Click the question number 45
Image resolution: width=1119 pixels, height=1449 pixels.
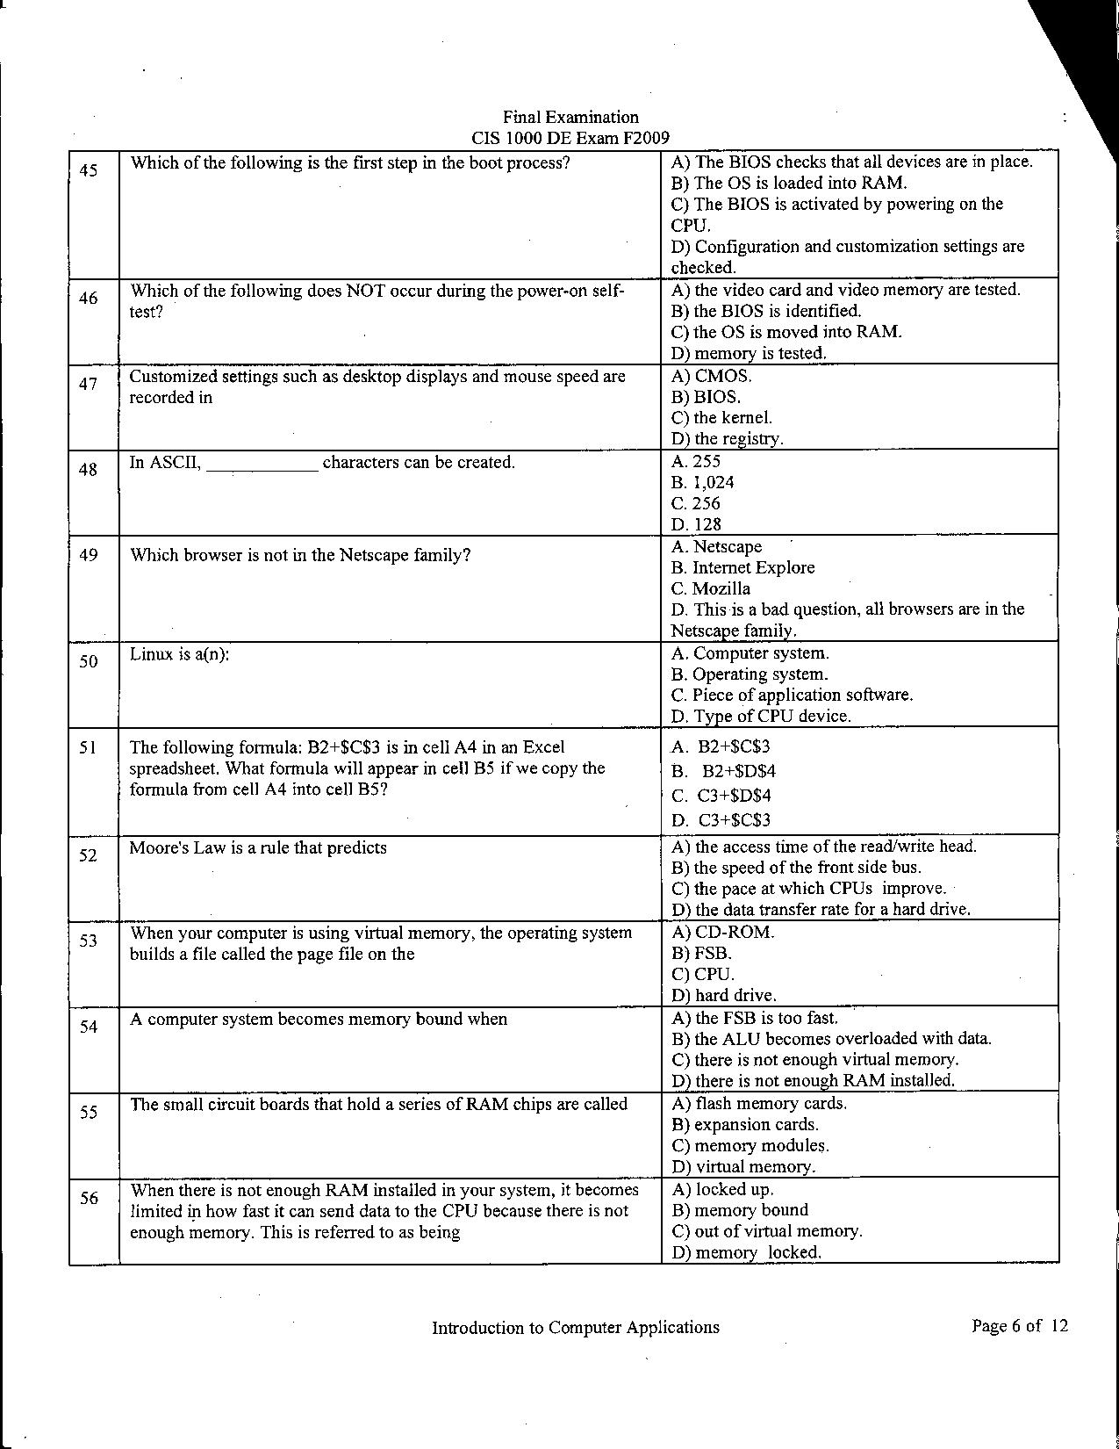[x=88, y=170]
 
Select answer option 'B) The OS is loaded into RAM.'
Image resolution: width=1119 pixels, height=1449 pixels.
[x=789, y=184]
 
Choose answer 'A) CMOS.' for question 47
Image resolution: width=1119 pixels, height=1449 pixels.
[x=712, y=377]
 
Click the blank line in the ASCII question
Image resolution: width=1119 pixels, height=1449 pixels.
[x=262, y=465]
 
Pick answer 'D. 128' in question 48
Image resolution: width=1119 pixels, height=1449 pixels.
[x=696, y=524]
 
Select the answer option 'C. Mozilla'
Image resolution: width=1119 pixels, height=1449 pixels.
[x=711, y=588]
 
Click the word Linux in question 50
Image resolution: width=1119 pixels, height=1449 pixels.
[x=151, y=654]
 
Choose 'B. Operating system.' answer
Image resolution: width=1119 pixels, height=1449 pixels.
[x=749, y=674]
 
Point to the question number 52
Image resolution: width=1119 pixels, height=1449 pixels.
[x=88, y=854]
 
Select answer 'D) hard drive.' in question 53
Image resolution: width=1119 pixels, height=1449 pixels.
[x=724, y=995]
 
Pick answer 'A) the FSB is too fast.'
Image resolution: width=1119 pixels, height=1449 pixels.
[x=755, y=1018]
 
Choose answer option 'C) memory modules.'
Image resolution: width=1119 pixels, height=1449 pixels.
[x=750, y=1145]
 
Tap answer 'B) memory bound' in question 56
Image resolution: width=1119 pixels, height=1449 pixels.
[x=740, y=1210]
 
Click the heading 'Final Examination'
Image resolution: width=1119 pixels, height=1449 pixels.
[x=570, y=118]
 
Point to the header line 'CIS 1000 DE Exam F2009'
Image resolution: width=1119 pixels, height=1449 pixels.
[x=570, y=138]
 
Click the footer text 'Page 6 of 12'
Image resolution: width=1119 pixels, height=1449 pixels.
[x=1020, y=1326]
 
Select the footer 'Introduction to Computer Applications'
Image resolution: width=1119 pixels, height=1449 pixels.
[x=575, y=1328]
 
